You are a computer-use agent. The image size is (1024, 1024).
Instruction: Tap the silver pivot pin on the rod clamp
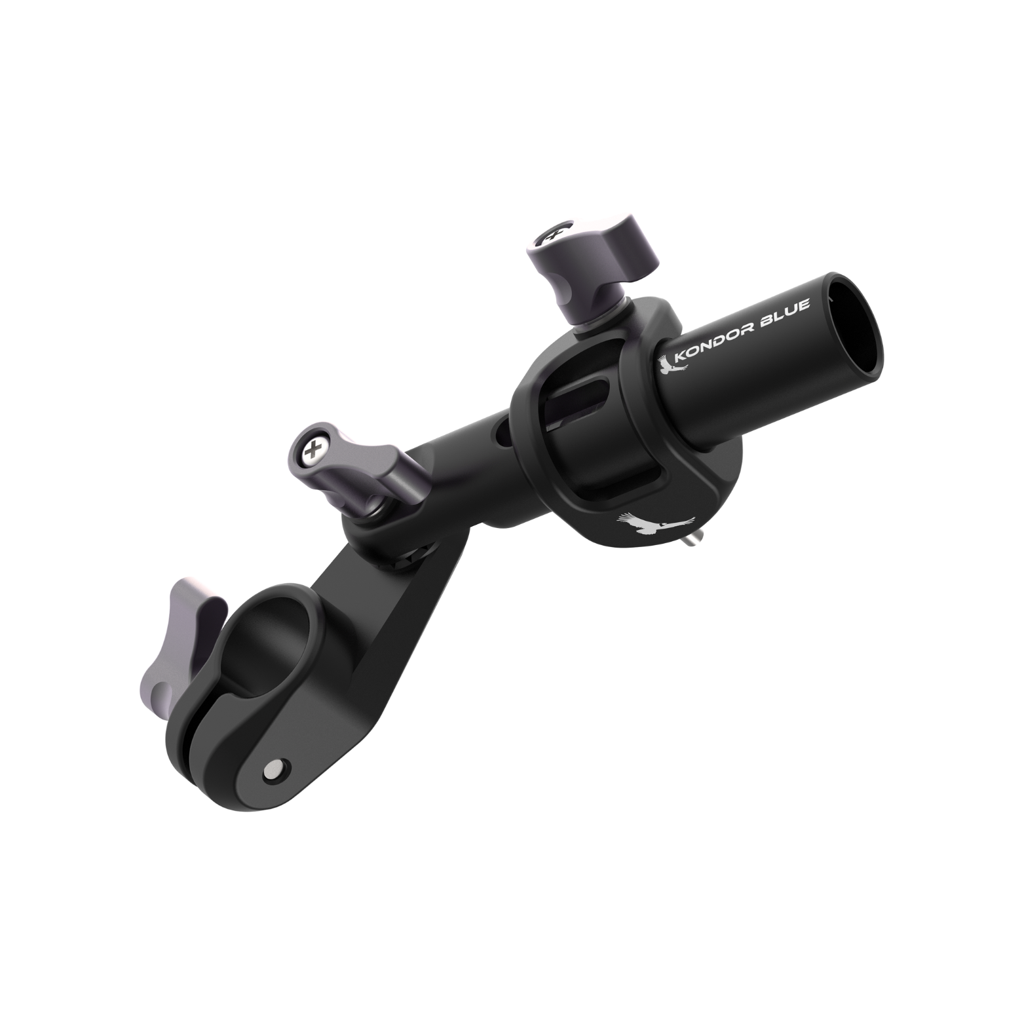[x=274, y=767]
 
